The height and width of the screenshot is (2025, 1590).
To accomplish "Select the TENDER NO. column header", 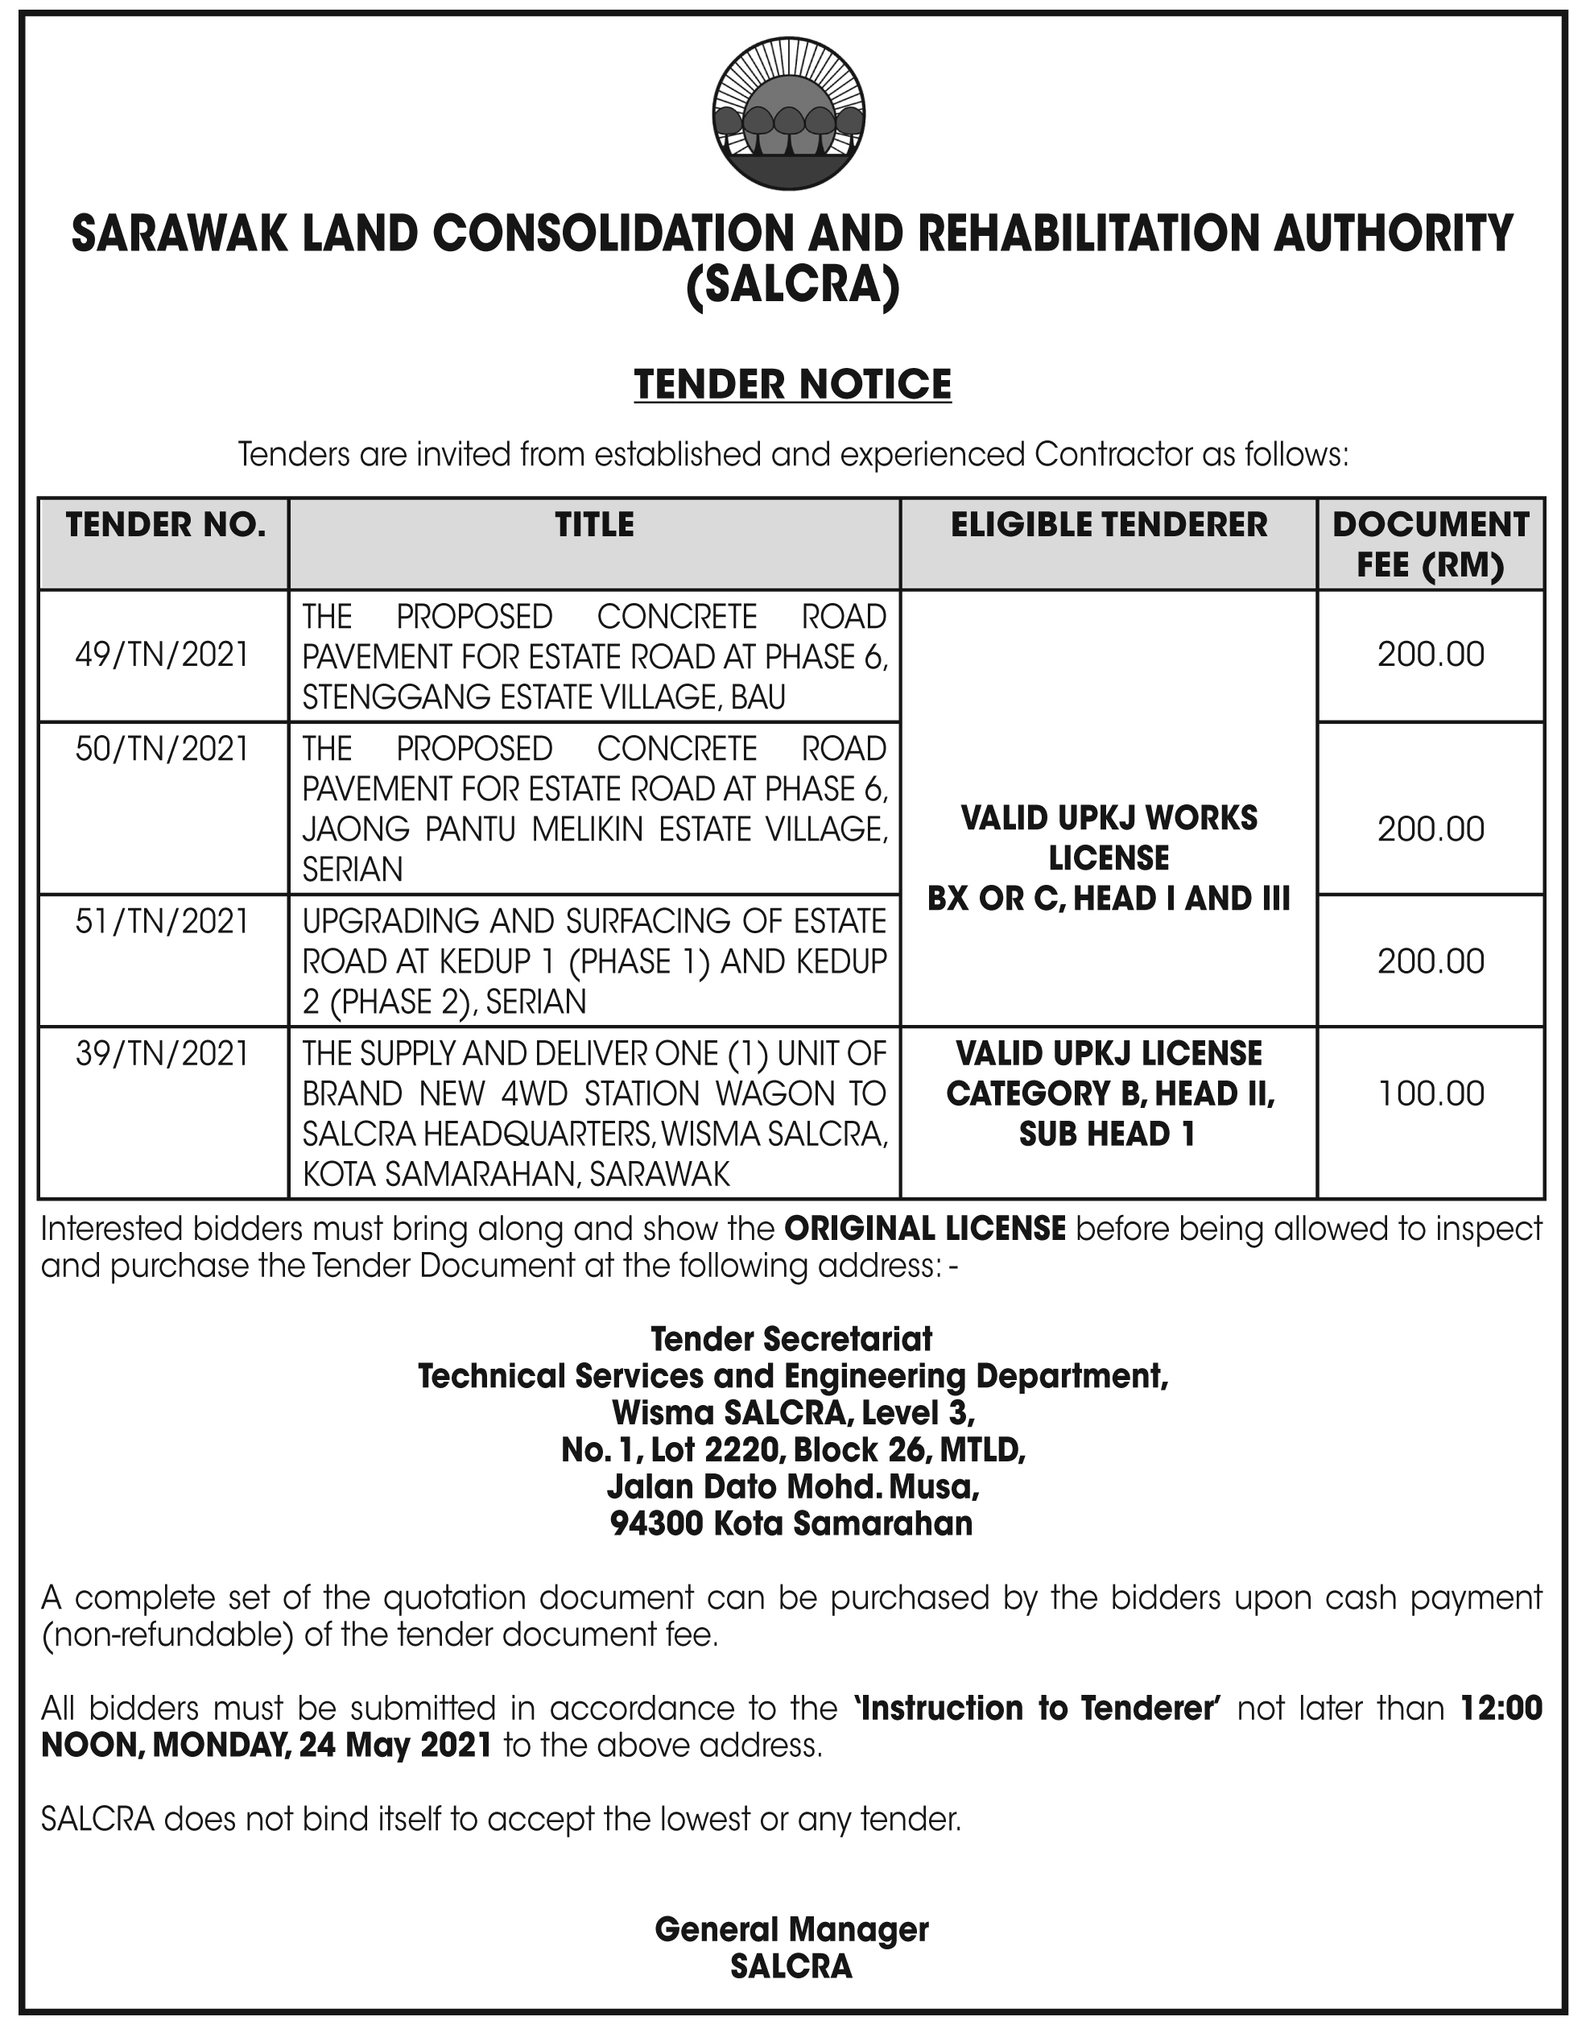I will coord(165,525).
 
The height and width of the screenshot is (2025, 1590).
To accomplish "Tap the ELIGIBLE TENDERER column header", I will coord(1108,525).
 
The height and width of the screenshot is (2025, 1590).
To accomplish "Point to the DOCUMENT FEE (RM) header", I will coord(1430,544).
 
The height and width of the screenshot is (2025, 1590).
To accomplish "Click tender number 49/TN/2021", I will coord(163,655).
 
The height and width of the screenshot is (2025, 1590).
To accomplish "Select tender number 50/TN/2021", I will coord(163,750).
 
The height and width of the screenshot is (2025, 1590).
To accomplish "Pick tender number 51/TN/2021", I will coord(163,922).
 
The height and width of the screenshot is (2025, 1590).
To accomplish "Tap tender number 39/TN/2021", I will coord(163,1054).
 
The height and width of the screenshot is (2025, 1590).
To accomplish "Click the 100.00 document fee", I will coord(1431,1094).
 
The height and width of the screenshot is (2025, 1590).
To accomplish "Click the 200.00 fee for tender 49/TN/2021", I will coord(1431,655).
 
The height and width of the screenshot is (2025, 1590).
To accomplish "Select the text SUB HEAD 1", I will coord(1107,1134).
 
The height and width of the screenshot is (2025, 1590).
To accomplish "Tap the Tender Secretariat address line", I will coord(791,1340).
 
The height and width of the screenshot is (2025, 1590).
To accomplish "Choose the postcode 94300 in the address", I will coord(656,1524).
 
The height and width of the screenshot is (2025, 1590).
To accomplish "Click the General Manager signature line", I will coord(791,1930).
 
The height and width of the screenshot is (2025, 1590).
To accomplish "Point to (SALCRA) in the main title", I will coord(792,286).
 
